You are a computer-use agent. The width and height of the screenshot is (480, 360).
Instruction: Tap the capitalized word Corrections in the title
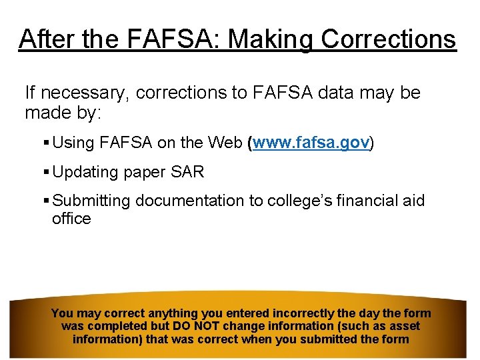click(x=389, y=39)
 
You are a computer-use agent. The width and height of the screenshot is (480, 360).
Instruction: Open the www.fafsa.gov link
click(x=311, y=143)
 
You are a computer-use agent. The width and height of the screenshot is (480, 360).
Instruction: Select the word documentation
click(x=198, y=201)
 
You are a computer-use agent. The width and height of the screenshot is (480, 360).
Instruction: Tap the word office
click(x=71, y=219)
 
